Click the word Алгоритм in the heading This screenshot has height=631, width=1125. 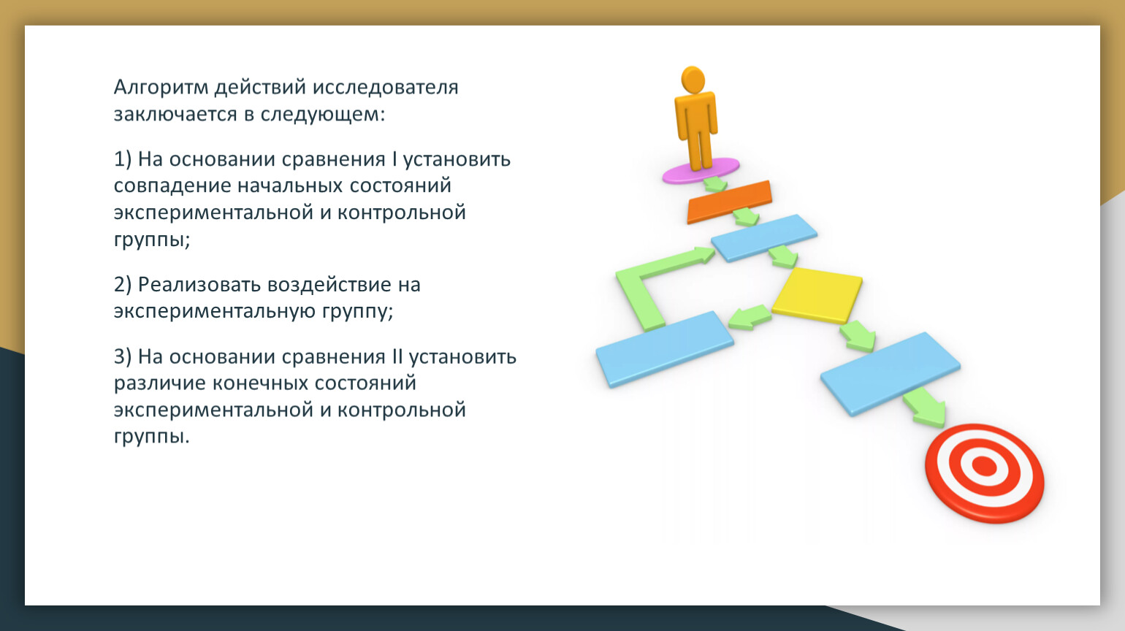pos(161,88)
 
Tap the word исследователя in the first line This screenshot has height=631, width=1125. pos(385,88)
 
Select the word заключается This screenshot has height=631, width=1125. pos(175,114)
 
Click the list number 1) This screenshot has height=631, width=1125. pos(123,160)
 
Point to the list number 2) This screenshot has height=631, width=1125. pos(123,285)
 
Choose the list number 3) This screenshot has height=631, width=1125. pos(123,357)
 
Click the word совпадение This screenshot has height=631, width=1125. pos(172,186)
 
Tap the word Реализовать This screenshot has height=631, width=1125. pos(199,285)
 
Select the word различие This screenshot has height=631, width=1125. pos(159,383)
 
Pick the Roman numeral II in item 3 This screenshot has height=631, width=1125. pos(397,356)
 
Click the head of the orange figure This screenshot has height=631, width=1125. pos(693,80)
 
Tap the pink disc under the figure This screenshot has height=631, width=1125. pos(701,171)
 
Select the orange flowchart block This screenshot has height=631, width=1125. pos(729,202)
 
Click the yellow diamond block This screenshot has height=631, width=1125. pos(817,294)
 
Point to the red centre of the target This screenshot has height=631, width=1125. pos(985,467)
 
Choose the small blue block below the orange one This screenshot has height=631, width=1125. pos(764,238)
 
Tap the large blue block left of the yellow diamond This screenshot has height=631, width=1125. pos(665,349)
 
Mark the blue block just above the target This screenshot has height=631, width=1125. pos(891,374)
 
